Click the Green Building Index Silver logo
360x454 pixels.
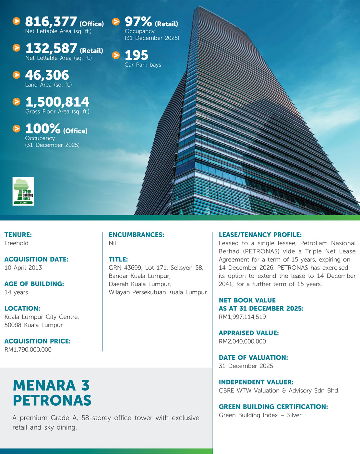coord(23,191)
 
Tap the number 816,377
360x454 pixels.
coord(51,22)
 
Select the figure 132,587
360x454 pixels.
coord(51,49)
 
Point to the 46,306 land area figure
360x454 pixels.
coord(47,75)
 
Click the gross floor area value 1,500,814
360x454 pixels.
coord(57,102)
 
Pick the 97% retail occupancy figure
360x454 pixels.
coord(138,22)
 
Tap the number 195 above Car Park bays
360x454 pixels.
coord(136,55)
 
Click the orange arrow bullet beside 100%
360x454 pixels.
coord(16,129)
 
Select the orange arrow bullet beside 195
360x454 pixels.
coord(116,55)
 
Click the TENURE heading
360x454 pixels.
coord(18,235)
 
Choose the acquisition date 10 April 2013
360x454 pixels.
coord(23,268)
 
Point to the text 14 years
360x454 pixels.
coord(16,292)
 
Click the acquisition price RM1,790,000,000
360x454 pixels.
coord(28,349)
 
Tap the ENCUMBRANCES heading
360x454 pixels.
coord(136,235)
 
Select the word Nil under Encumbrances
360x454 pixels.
coord(112,243)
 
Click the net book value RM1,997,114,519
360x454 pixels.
coord(242,317)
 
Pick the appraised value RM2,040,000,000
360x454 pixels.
coord(242,341)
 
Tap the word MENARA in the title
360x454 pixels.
coord(44,386)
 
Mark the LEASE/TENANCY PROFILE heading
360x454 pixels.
coord(260,235)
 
